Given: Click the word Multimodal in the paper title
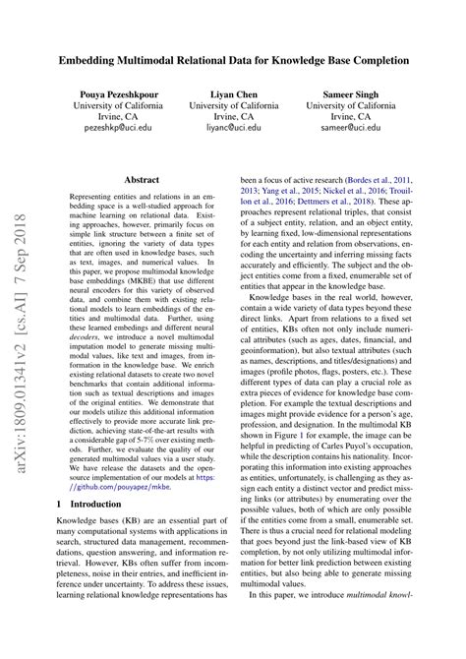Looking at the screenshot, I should click(x=182, y=60).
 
